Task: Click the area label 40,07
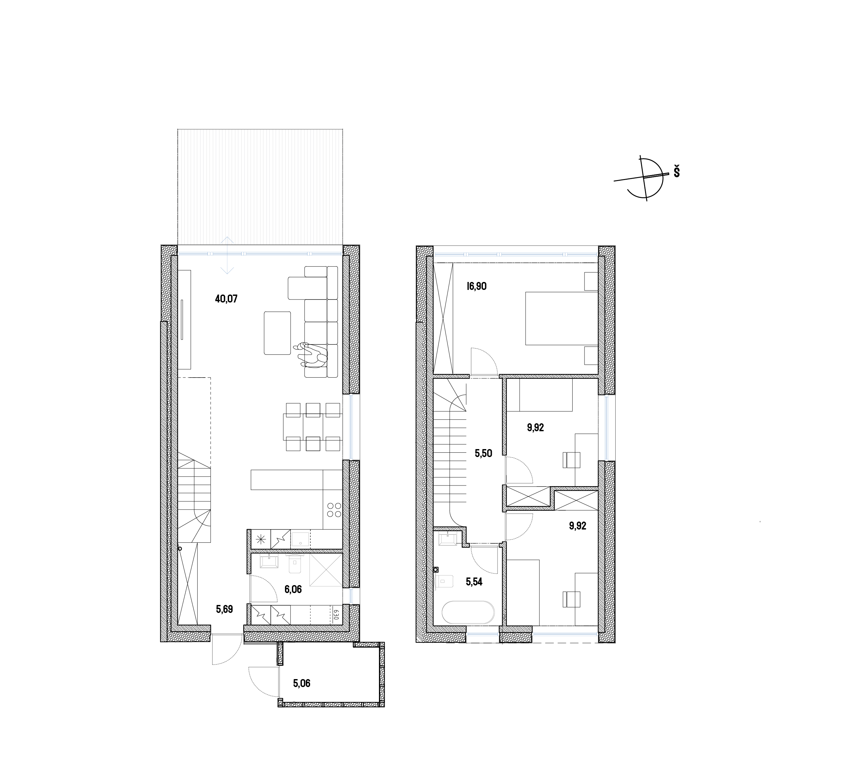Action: click(226, 299)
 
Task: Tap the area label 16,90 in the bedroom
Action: click(477, 286)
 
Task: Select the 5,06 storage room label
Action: click(302, 683)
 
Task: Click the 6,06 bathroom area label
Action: click(293, 589)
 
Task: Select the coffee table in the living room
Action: click(277, 333)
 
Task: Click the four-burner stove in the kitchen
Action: click(333, 510)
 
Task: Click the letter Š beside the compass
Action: click(677, 172)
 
